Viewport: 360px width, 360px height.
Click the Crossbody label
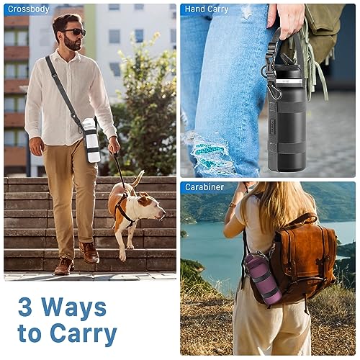point(28,9)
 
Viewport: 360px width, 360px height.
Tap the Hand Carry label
point(207,9)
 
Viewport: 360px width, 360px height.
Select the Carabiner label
point(204,187)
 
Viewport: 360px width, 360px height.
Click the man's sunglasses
point(75,32)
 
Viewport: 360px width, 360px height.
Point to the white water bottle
point(91,140)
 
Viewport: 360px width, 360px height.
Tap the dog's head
point(152,206)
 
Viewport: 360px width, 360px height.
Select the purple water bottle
point(263,279)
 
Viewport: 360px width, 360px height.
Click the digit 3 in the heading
point(25,307)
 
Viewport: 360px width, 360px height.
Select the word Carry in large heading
point(84,333)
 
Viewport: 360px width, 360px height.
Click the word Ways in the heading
point(74,308)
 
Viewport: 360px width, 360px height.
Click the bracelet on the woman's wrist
point(233,205)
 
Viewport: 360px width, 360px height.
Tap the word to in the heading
point(30,333)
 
